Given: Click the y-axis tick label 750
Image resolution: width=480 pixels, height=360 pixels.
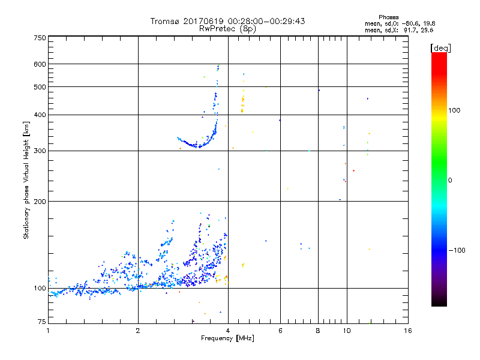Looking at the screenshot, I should pyautogui.click(x=40, y=38).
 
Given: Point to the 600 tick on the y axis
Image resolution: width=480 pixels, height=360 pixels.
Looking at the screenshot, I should pyautogui.click(x=40, y=64).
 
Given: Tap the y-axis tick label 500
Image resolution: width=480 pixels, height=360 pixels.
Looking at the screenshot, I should pyautogui.click(x=40, y=87).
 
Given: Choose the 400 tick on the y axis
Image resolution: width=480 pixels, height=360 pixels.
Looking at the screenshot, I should pyautogui.click(x=40, y=115).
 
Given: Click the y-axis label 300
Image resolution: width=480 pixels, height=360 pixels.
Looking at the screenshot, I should pyautogui.click(x=40, y=151).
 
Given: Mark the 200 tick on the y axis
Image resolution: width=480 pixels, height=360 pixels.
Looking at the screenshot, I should pyautogui.click(x=40, y=201).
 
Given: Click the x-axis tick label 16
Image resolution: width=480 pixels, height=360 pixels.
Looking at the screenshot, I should pyautogui.click(x=407, y=331).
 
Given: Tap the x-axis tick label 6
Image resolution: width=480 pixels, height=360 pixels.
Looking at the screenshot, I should pyautogui.click(x=280, y=331).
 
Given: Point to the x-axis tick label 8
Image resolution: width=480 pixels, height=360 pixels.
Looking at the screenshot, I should pyautogui.click(x=317, y=331).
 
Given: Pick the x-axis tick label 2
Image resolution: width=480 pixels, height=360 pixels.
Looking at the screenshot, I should pyautogui.click(x=138, y=331).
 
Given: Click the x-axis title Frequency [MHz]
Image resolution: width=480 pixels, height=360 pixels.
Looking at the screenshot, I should pyautogui.click(x=227, y=339).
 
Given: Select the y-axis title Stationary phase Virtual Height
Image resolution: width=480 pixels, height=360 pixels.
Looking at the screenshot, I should pyautogui.click(x=26, y=180).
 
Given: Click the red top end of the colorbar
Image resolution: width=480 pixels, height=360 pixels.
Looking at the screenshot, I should pyautogui.click(x=439, y=56).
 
